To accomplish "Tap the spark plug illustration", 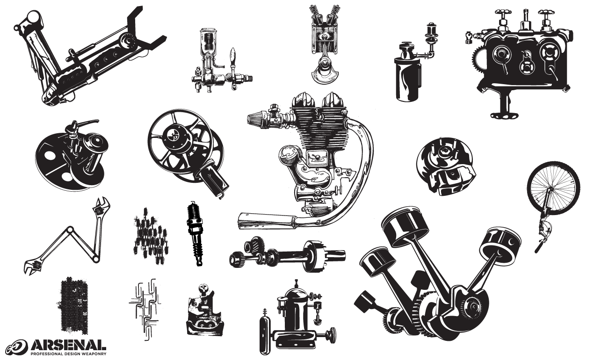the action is click(x=196, y=234).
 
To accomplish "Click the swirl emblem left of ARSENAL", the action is click(x=17, y=346).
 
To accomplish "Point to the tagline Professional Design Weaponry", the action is click(x=68, y=353).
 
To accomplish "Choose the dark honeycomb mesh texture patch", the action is click(x=72, y=304).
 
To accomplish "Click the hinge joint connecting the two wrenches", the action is click(x=71, y=229).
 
